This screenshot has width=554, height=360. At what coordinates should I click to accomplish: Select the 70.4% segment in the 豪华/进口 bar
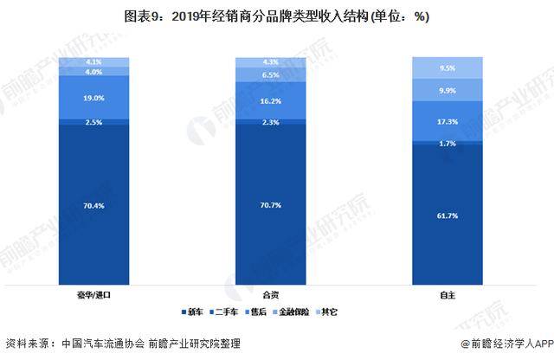(94, 205)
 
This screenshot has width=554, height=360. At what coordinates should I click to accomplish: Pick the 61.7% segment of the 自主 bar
(448, 213)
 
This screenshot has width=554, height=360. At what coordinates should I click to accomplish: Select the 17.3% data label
(448, 121)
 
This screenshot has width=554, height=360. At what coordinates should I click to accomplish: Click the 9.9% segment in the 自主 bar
(448, 90)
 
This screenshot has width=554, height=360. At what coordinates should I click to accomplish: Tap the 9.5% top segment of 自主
(448, 67)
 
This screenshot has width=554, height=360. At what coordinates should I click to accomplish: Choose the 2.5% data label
(94, 123)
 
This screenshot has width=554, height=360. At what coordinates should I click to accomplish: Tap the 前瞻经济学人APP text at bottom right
(507, 343)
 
